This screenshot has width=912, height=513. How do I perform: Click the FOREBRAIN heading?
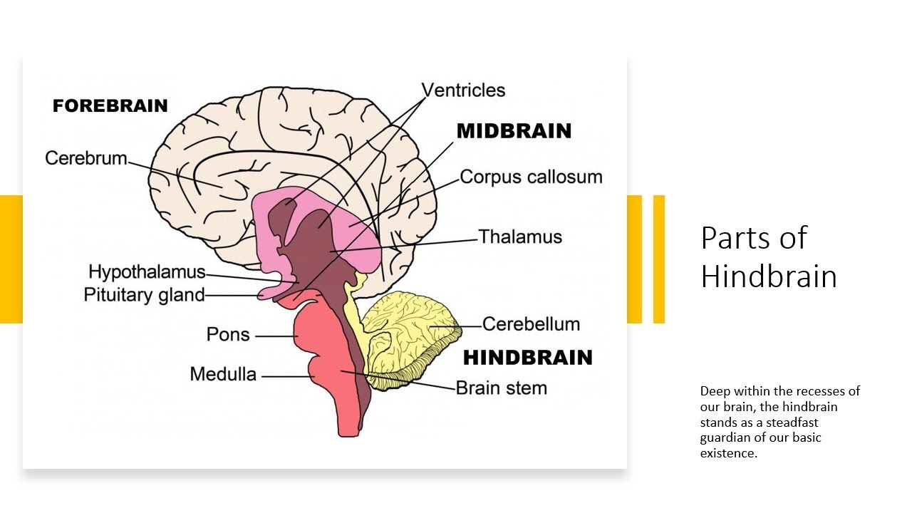point(110,106)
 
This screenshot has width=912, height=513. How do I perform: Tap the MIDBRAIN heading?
point(514,131)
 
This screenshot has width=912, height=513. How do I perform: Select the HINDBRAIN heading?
point(528,357)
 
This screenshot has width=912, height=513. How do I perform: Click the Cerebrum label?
point(85,157)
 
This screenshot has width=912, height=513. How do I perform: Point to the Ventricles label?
point(463,90)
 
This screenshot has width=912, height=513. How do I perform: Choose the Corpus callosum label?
point(531,177)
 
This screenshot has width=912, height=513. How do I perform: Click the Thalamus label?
point(520,237)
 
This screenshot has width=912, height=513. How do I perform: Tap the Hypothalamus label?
point(147,272)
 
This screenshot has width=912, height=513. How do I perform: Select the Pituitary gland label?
point(144,294)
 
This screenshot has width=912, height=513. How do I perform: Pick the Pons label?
point(228,334)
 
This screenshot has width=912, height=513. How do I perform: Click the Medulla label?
point(223,374)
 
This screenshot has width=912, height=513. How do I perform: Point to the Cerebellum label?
point(531,324)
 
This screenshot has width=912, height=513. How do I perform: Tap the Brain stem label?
point(501,388)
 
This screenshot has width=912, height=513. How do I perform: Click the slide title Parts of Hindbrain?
point(768,256)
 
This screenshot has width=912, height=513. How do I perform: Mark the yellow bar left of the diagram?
point(11,259)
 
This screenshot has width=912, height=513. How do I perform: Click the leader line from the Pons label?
point(274,336)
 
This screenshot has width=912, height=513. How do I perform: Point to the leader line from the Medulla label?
point(284,375)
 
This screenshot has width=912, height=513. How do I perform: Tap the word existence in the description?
point(727,452)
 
